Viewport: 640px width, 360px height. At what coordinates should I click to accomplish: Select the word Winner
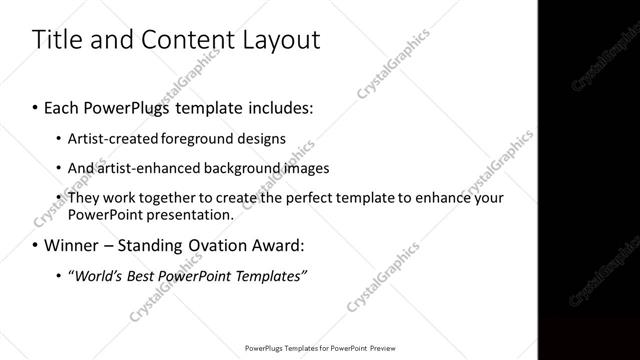69,245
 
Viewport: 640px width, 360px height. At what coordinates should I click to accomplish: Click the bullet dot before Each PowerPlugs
36,107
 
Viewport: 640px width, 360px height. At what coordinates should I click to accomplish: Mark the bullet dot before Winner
36,245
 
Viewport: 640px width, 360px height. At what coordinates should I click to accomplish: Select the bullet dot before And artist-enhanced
59,168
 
